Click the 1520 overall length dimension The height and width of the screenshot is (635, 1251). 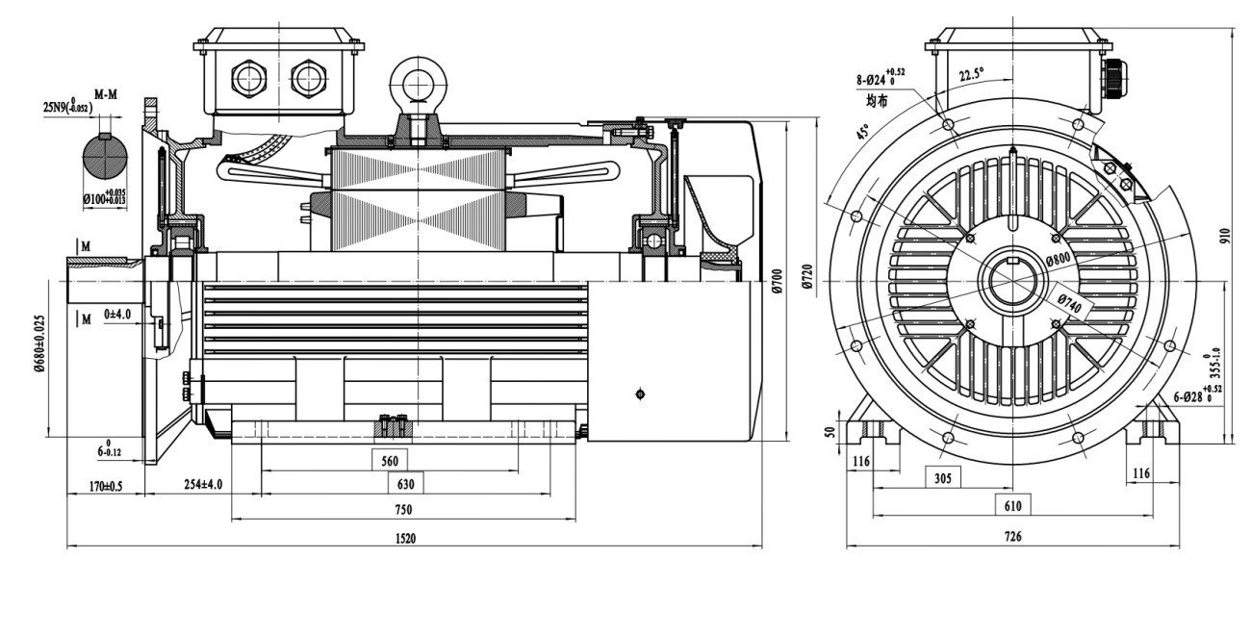405,539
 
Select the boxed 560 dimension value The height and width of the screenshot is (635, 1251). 389,461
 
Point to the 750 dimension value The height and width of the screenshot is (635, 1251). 404,509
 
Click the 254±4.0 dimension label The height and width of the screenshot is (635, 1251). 203,484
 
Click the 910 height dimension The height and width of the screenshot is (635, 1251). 1226,236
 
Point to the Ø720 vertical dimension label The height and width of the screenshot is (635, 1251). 807,280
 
